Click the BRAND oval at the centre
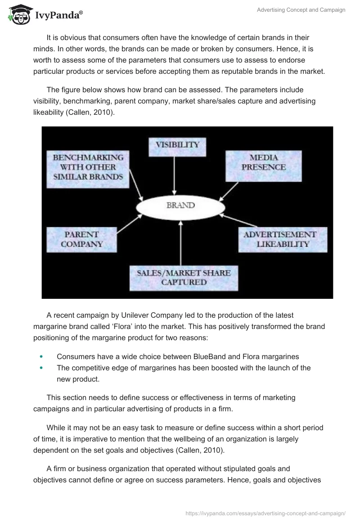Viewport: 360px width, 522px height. (x=180, y=206)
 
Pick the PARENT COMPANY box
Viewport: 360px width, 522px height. (x=82, y=239)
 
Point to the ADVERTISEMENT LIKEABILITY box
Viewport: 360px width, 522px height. (x=283, y=239)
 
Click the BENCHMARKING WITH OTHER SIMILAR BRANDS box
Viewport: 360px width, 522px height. (x=88, y=167)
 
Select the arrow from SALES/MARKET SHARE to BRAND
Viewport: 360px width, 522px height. (x=180, y=243)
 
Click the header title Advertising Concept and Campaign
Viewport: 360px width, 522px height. (x=301, y=10)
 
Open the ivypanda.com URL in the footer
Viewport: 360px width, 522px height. (x=265, y=513)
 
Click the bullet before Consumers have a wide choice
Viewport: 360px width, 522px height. (x=41, y=356)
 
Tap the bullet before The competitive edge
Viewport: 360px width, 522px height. (x=41, y=368)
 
